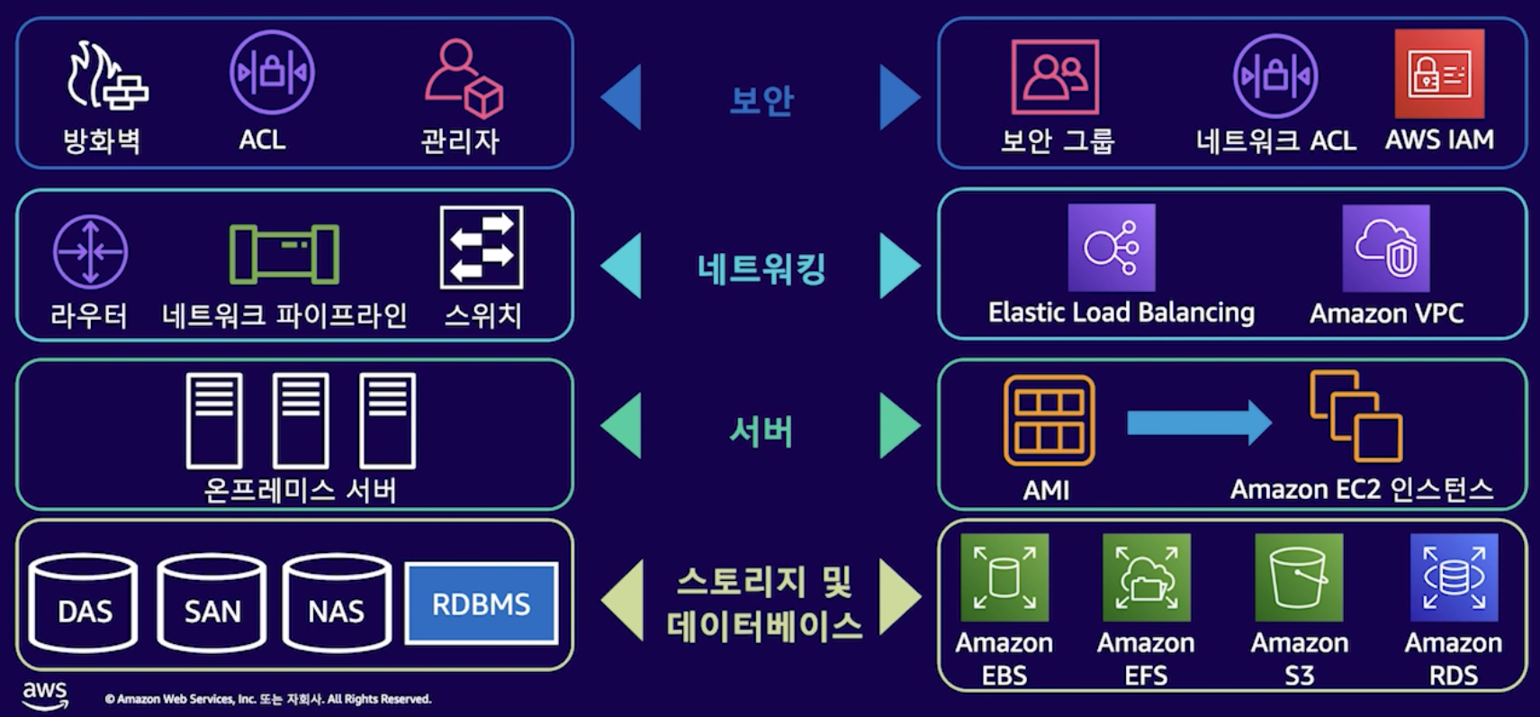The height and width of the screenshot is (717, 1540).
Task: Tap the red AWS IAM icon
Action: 1439,74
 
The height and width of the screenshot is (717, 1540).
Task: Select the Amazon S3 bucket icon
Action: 1298,577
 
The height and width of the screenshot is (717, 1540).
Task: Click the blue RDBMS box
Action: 481,604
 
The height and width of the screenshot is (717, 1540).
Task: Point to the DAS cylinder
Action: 84,603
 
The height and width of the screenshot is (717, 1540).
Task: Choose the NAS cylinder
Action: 337,603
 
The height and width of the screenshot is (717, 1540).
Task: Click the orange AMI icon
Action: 1049,420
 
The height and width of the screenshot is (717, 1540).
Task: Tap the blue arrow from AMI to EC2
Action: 1198,422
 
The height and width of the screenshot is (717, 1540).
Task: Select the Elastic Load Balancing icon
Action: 1112,248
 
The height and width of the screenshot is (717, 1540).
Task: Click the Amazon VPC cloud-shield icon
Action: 1385,249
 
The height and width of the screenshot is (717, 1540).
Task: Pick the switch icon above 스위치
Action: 482,248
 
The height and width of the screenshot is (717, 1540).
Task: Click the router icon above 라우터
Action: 90,251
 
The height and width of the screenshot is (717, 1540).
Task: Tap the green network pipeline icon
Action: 284,254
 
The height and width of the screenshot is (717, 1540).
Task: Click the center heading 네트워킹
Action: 761,268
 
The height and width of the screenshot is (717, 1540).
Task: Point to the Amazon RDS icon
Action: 1454,577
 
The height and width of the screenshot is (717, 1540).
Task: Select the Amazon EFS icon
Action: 1146,577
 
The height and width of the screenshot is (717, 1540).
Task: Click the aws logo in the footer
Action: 45,695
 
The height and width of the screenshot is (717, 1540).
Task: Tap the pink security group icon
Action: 1055,77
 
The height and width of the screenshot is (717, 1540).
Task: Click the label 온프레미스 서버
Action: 300,490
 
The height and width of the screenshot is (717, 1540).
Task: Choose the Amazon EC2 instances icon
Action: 1355,415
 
